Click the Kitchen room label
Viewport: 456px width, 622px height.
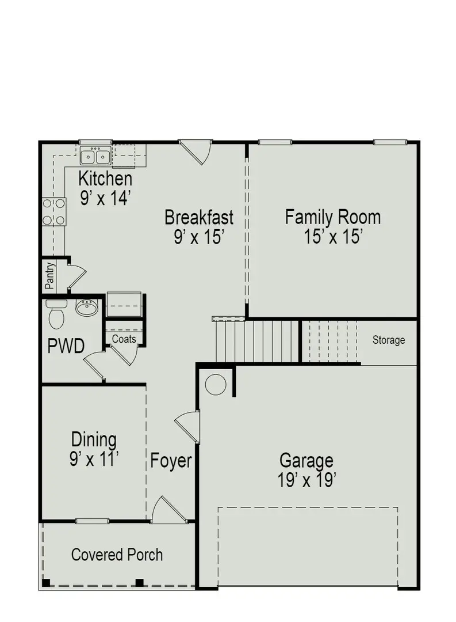click(x=105, y=179)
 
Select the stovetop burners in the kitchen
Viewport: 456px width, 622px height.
click(x=53, y=211)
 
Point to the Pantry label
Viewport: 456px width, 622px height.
click(x=50, y=276)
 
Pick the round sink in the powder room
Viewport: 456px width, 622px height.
click(x=87, y=308)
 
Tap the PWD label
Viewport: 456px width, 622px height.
click(x=66, y=347)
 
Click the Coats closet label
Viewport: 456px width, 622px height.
click(x=124, y=339)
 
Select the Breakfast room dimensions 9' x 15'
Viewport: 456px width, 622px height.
click(x=198, y=237)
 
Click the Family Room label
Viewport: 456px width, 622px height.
click(x=333, y=218)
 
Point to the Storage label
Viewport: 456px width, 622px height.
click(x=389, y=340)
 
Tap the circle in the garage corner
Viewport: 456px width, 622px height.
click(x=216, y=384)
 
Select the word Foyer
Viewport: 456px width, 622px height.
click(x=171, y=461)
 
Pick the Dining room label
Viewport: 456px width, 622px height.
click(x=94, y=440)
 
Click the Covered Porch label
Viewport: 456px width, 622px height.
click(x=117, y=555)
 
